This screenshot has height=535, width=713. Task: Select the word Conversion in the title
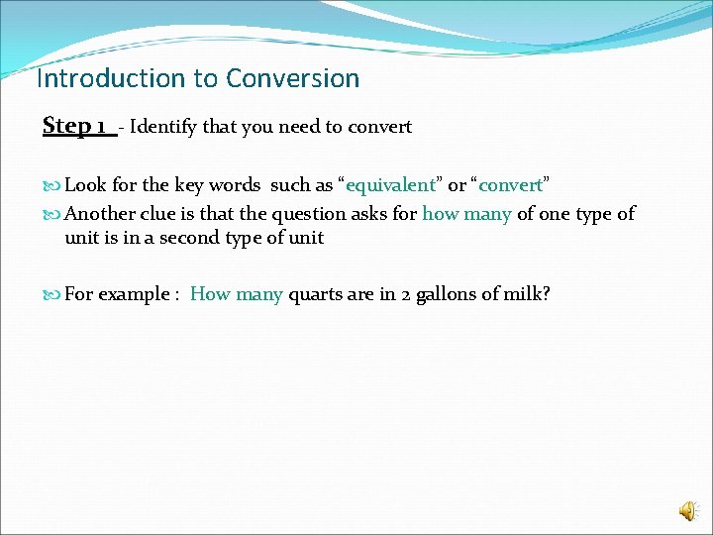click(x=292, y=78)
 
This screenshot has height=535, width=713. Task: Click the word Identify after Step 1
click(x=166, y=127)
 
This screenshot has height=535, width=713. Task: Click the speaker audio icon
click(x=687, y=509)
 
